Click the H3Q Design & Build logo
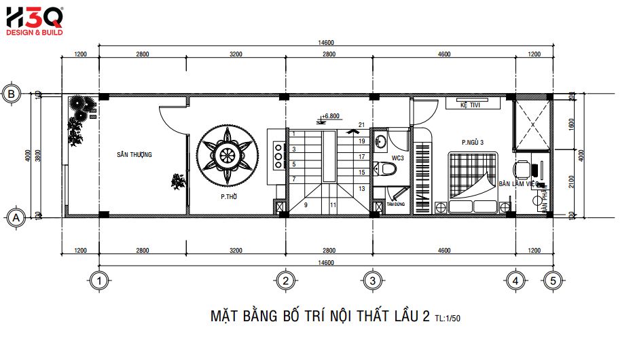(x=34, y=20)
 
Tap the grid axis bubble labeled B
(x=12, y=94)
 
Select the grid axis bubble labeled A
(x=12, y=217)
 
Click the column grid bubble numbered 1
(x=99, y=280)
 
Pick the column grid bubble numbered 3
(x=371, y=280)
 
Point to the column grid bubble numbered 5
(x=554, y=280)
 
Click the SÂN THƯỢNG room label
(x=134, y=155)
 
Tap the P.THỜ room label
(x=228, y=196)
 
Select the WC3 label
(x=397, y=158)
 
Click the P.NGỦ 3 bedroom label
(x=473, y=143)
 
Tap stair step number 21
(x=362, y=124)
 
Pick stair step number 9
(x=306, y=204)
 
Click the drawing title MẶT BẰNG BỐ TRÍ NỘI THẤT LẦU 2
(x=320, y=317)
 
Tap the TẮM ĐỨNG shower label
(x=395, y=204)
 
